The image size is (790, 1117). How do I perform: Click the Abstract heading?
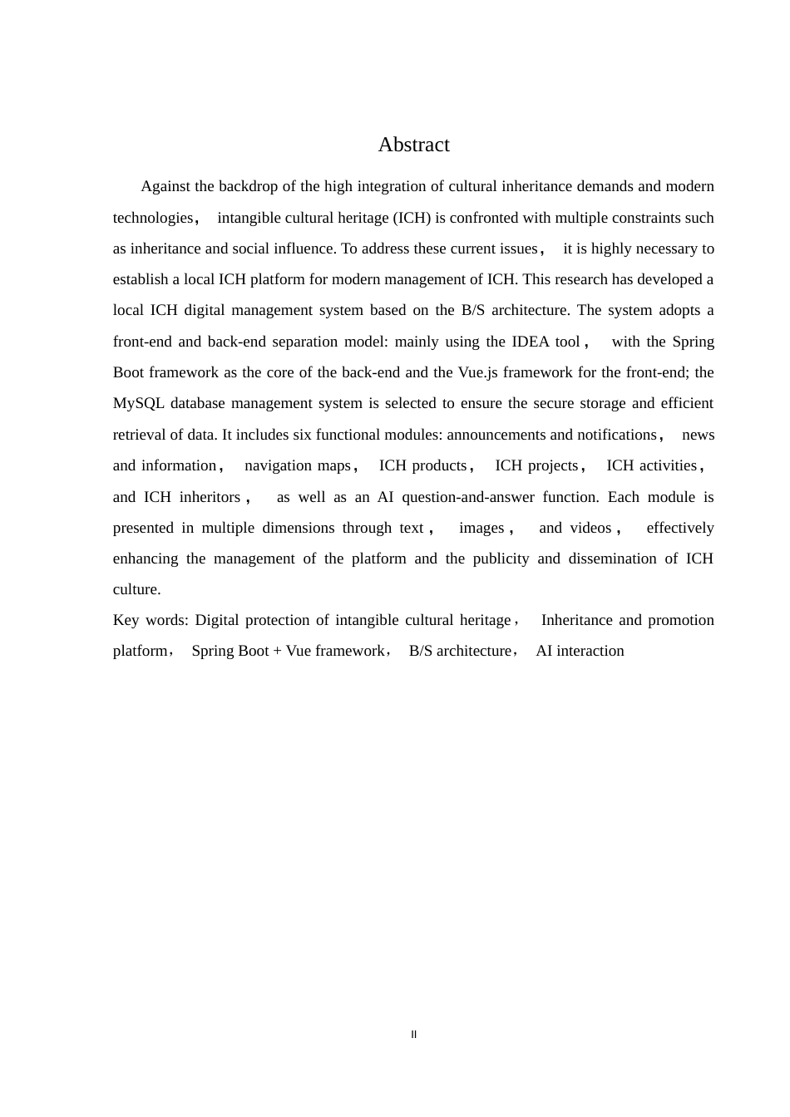click(x=413, y=145)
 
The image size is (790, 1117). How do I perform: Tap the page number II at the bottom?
click(x=413, y=1035)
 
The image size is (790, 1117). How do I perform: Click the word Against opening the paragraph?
click(x=165, y=186)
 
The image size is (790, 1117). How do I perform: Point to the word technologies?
click(x=153, y=218)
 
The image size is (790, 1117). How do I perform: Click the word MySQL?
click(x=138, y=403)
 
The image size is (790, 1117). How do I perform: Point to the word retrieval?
click(x=141, y=435)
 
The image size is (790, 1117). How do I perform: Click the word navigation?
click(x=274, y=465)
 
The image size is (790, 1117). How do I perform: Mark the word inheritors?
click(x=210, y=497)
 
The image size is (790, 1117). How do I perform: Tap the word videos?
click(x=590, y=528)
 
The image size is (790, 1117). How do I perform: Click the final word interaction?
click(x=590, y=651)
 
